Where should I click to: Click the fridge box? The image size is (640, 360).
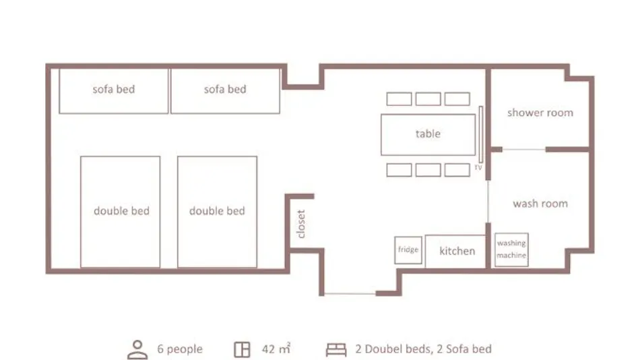[x=408, y=249]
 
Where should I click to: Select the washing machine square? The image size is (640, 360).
[x=511, y=249]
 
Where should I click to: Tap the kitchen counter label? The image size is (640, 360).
[x=457, y=251]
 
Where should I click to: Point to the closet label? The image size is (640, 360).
[x=301, y=224]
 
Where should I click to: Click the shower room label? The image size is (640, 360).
[x=540, y=113]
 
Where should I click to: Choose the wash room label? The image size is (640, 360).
[x=540, y=204]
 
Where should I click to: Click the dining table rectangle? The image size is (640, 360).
[x=428, y=134]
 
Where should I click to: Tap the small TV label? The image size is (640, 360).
[x=478, y=167]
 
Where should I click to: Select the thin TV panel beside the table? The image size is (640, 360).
[x=481, y=134]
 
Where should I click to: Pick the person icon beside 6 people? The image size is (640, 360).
[x=137, y=350]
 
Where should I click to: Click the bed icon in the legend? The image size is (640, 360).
[x=336, y=350]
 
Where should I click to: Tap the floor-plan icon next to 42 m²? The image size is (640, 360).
[x=242, y=350]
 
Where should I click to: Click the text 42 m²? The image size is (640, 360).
[x=276, y=349]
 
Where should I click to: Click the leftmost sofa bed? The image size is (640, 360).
[x=113, y=91]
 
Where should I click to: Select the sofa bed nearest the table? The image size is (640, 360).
[x=225, y=91]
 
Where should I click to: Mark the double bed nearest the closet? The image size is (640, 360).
[x=217, y=212]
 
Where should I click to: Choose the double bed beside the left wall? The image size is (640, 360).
[x=120, y=212]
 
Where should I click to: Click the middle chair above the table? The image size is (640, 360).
[x=428, y=99]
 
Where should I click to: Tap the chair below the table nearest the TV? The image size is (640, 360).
[x=457, y=170]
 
